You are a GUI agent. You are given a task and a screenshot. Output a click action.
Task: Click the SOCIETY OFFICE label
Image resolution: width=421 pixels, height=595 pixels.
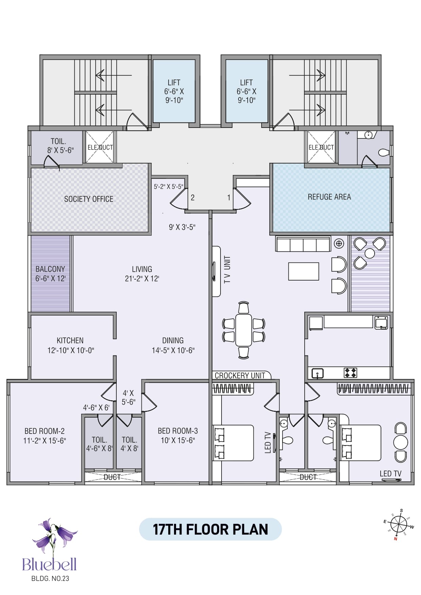(x=89, y=199)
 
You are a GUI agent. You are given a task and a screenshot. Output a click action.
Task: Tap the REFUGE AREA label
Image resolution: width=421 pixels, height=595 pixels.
(x=329, y=197)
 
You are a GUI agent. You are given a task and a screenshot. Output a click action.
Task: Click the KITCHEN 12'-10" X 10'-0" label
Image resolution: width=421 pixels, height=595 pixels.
(x=71, y=345)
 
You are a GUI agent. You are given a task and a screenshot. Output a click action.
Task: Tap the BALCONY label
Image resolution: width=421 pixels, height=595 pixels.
(x=50, y=269)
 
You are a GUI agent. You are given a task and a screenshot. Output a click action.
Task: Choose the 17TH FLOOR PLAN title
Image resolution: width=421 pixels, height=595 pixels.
(x=210, y=529)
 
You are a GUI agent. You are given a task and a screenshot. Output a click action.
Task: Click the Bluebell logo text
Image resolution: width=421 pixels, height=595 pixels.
(x=50, y=564)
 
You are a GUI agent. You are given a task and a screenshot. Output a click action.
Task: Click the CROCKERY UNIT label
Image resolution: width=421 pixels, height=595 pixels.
(x=240, y=376)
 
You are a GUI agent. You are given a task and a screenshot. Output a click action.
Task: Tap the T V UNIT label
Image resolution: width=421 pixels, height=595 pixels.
(x=227, y=270)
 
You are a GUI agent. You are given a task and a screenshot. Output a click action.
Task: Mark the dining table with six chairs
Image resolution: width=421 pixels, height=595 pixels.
(x=244, y=330)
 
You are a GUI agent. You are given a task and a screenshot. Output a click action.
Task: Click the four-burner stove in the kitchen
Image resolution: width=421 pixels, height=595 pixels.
(x=350, y=373)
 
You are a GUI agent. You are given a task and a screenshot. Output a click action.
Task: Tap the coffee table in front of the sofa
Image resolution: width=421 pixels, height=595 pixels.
(x=304, y=271)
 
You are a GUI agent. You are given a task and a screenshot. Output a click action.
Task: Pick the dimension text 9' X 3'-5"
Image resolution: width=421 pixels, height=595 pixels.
(x=182, y=227)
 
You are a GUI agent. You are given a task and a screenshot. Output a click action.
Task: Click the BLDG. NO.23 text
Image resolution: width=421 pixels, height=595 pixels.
(x=50, y=578)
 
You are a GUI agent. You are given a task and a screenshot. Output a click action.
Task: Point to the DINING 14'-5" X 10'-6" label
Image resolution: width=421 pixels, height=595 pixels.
(x=173, y=345)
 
